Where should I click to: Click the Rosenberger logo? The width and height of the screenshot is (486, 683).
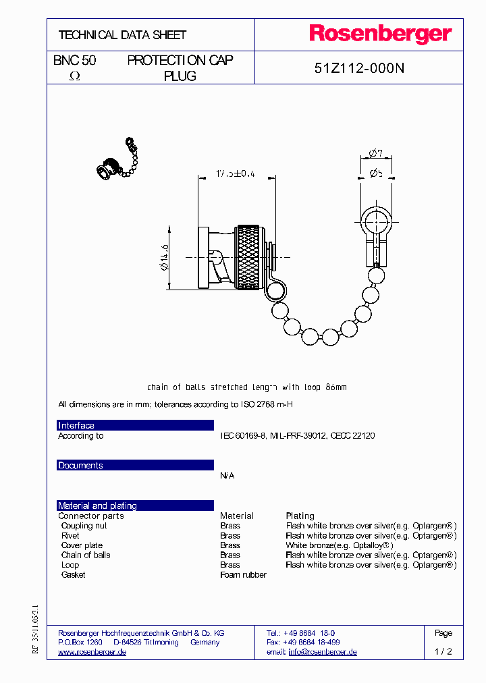click(x=380, y=34)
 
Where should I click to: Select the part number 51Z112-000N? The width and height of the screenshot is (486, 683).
click(x=359, y=67)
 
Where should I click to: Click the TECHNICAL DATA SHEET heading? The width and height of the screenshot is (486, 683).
click(x=122, y=34)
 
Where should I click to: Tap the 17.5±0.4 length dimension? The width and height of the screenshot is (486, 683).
click(x=236, y=173)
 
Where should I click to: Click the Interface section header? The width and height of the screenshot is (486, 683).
click(x=76, y=425)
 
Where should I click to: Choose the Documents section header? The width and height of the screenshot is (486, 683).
click(x=80, y=465)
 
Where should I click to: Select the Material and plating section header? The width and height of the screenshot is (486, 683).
click(x=97, y=506)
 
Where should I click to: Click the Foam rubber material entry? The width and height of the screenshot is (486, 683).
click(x=243, y=574)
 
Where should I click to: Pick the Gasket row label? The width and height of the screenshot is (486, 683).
click(x=73, y=574)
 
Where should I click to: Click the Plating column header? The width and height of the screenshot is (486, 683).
click(x=300, y=516)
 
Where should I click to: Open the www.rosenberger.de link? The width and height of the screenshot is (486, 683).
click(x=92, y=652)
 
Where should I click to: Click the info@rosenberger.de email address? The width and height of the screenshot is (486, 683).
click(x=322, y=652)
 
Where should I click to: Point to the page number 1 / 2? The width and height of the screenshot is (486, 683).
click(x=443, y=652)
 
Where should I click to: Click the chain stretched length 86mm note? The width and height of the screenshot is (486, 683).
click(x=246, y=387)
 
